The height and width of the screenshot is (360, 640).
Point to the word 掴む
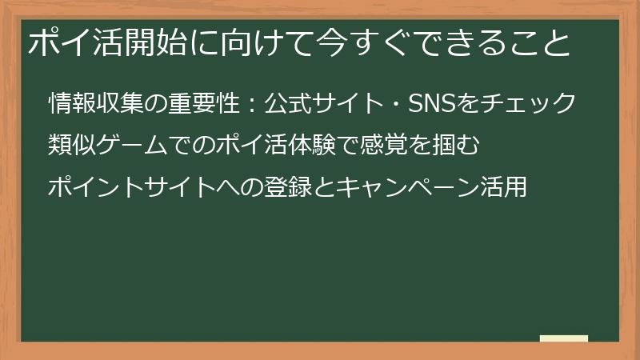pos(466,146)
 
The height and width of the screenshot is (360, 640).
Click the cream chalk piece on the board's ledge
pos(564,338)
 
